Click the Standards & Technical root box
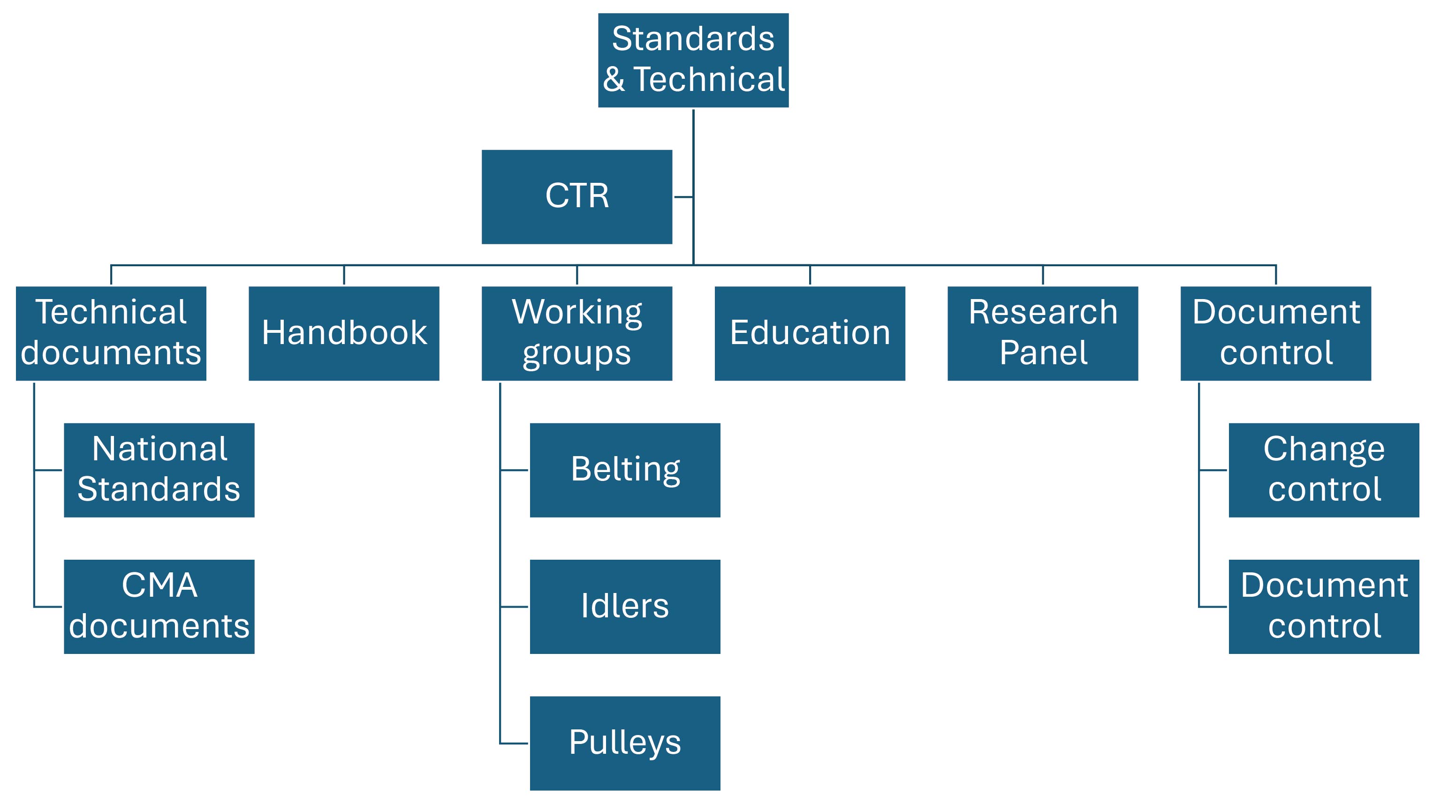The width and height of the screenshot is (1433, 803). (x=693, y=60)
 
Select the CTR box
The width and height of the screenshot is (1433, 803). (x=577, y=196)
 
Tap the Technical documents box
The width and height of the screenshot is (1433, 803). (x=111, y=333)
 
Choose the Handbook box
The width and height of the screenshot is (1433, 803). (x=344, y=333)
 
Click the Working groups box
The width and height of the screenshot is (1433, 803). (x=577, y=333)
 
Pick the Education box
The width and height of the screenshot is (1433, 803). (x=810, y=333)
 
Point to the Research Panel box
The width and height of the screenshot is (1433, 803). (x=1042, y=333)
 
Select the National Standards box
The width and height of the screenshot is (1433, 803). (x=159, y=470)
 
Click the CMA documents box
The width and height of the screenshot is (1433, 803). (x=159, y=606)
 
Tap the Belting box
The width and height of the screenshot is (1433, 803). (x=625, y=470)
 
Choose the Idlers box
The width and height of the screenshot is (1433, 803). (x=625, y=606)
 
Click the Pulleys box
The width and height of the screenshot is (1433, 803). (x=625, y=743)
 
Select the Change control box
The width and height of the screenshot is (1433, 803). (x=1324, y=470)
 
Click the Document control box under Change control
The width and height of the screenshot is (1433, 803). (x=1324, y=606)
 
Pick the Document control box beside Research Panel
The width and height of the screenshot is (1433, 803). (x=1275, y=333)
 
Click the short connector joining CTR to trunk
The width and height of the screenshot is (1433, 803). (x=683, y=197)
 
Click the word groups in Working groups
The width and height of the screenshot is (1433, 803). (x=577, y=353)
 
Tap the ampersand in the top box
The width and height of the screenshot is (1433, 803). (x=614, y=80)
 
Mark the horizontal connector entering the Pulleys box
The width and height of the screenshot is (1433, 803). (x=515, y=743)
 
